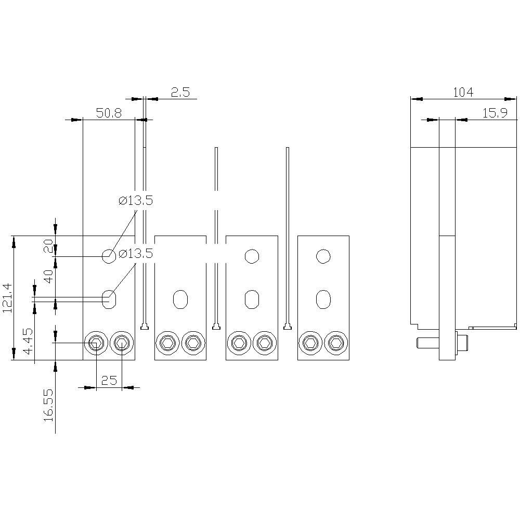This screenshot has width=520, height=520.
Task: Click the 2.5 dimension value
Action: click(180, 93)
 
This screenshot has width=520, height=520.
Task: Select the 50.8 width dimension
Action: click(109, 113)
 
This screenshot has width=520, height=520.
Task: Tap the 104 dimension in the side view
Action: click(463, 93)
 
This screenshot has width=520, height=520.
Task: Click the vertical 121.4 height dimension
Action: click(7, 298)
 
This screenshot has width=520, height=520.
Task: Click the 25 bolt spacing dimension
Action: click(109, 381)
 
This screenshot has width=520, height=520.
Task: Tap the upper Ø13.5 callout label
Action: click(136, 201)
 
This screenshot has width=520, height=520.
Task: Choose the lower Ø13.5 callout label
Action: click(136, 254)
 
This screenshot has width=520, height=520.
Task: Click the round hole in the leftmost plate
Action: click(109, 256)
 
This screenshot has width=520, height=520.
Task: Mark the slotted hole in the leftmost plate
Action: click(109, 299)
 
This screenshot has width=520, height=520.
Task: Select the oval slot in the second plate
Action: click(180, 299)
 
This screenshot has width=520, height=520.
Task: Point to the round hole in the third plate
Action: click(252, 256)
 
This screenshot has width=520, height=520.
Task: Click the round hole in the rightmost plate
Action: click(323, 256)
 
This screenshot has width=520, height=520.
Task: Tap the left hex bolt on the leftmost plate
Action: click(96, 343)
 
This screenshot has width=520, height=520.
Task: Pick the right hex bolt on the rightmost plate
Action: click(336, 343)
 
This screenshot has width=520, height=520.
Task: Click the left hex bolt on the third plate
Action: click(239, 343)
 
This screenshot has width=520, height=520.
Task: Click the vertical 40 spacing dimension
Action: click(48, 276)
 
